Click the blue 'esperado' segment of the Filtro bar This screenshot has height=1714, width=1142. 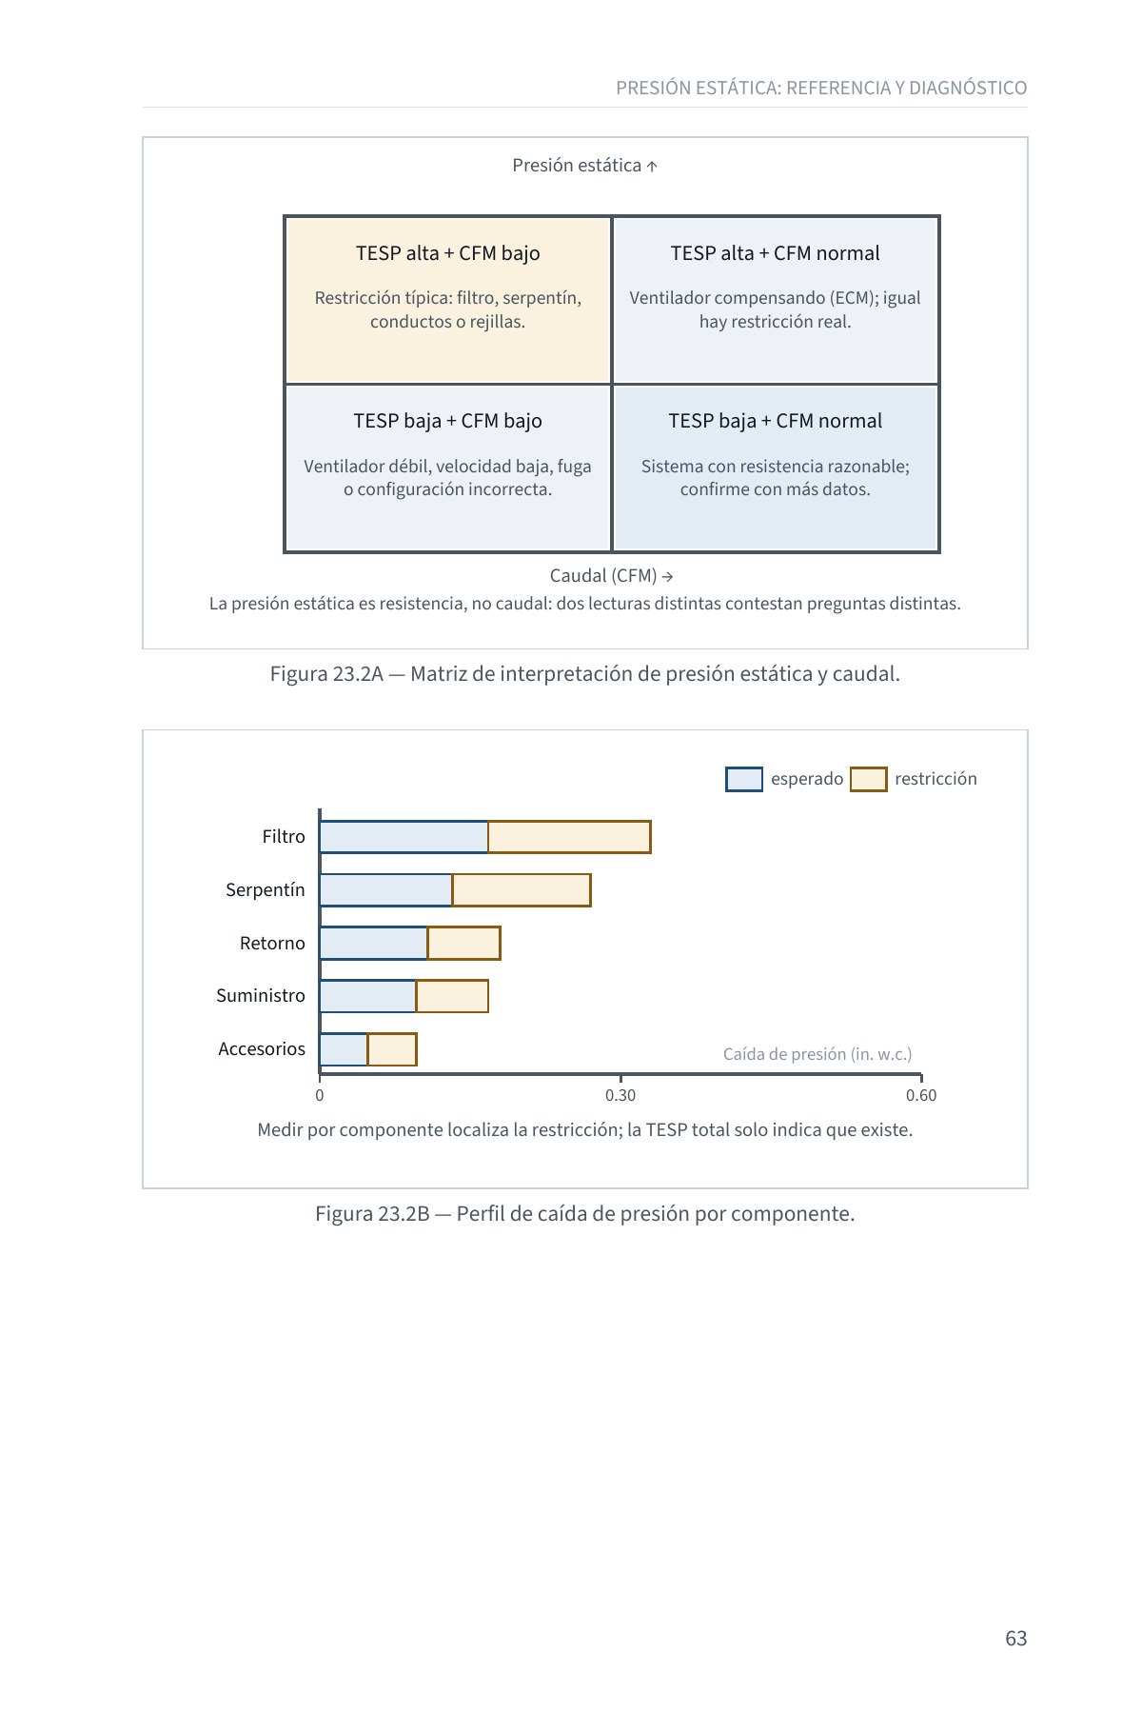tap(404, 837)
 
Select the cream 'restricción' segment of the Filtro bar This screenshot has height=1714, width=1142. tap(569, 837)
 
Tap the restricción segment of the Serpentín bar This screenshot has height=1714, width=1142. tap(522, 890)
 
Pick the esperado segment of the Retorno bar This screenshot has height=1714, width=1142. tap(374, 943)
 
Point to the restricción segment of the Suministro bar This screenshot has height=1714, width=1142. tap(452, 996)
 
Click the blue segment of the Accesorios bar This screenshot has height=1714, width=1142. tap(344, 1049)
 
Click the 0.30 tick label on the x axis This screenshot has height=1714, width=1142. tap(620, 1095)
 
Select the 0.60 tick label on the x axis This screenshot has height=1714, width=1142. tap(921, 1095)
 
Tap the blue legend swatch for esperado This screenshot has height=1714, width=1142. tap(744, 779)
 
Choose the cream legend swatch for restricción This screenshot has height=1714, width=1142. tap(868, 779)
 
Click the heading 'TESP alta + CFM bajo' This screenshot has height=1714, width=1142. tap(448, 253)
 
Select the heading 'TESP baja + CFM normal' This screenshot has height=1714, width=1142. tap(775, 421)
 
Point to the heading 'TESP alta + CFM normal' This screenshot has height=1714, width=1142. tap(775, 253)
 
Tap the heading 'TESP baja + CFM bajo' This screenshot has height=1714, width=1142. tap(448, 421)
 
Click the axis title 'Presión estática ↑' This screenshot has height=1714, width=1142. tap(585, 166)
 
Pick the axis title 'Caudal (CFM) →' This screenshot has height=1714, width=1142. tap(612, 576)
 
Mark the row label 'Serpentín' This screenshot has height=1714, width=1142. tap(266, 890)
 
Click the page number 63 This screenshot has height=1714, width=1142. tap(1016, 1638)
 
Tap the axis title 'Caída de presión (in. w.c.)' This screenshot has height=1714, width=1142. tap(817, 1054)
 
